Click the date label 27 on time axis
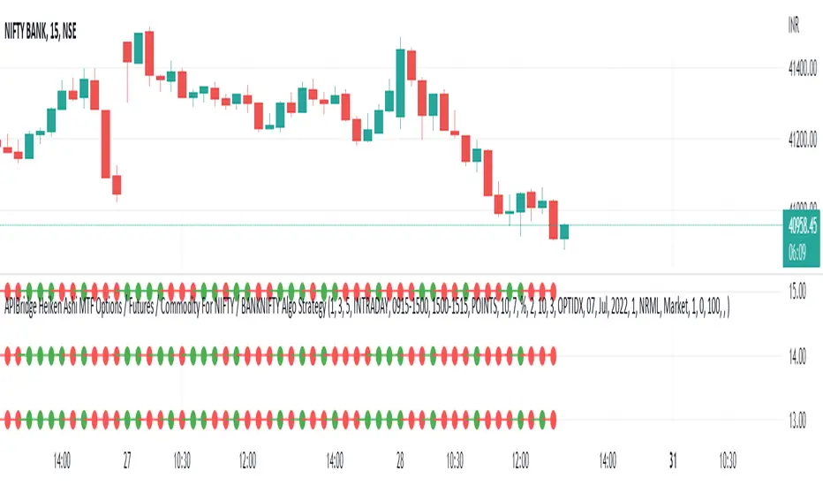point(128,460)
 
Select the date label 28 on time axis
point(399,460)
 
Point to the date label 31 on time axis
point(671,460)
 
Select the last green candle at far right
point(564,232)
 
